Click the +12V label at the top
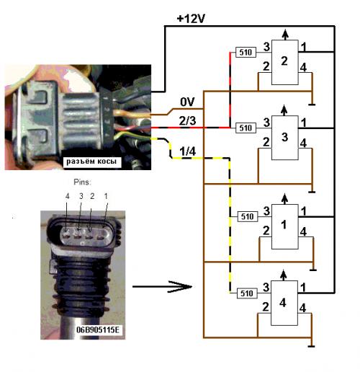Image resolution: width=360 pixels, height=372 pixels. pos(191,19)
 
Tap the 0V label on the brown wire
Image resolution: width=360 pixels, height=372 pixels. pos(187,102)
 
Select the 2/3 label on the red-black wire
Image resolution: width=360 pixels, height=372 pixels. pos(187,120)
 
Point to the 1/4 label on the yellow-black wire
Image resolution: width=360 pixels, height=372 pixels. pos(187,151)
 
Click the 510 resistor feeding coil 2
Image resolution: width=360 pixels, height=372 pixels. pos(246,52)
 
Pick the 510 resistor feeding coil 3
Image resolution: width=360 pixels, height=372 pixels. pos(246,128)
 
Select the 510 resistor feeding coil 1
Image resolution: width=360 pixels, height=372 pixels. pos(247,216)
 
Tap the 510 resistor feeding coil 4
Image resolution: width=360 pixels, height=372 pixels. pos(247,293)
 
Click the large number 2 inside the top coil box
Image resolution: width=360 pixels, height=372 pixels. pos(284,61)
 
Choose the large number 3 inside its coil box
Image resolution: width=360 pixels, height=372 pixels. pos(284,137)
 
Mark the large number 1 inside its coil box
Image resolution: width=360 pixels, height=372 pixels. pos(284,225)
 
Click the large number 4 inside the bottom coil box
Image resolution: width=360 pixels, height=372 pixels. pos(283,303)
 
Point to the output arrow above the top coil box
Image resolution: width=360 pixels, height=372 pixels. pos(285,35)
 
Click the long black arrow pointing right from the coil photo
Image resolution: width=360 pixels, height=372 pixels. pos(162,286)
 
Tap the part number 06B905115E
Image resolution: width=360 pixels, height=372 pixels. pos(98,329)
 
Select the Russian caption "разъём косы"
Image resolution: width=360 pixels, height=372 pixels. pos(91,161)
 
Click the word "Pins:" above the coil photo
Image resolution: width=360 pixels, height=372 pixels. pos(82,182)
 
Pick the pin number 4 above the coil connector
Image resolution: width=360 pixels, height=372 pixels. pos(67,196)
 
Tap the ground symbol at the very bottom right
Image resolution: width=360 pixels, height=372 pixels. pos(311,346)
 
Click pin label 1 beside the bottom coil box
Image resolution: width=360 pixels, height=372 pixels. pos(303,288)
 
